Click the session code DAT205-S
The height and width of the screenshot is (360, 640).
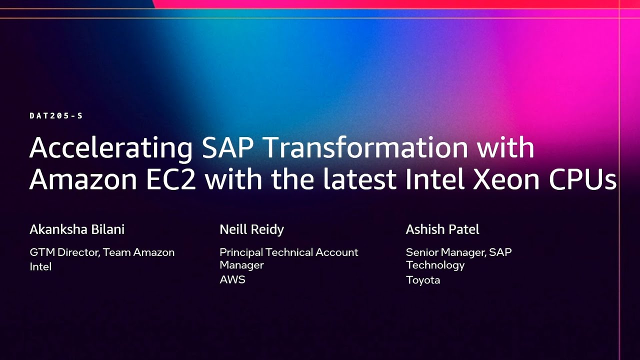[x=56, y=116]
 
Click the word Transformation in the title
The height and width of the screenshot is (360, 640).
[x=365, y=147]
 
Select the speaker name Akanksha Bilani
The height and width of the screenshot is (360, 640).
[x=77, y=229]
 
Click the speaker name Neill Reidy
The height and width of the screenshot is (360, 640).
[x=251, y=229]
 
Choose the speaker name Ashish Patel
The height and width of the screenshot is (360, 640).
[x=442, y=229]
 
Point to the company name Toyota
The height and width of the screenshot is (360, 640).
[x=423, y=280]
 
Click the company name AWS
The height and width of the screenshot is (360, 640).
[x=232, y=279]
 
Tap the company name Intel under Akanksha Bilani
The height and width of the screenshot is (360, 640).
[x=40, y=266]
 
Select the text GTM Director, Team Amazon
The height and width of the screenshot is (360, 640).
[x=102, y=252]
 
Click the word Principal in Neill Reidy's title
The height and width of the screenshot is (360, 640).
[x=241, y=252]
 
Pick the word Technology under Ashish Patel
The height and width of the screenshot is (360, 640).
[x=435, y=265]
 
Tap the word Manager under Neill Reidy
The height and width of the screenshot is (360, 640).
[x=241, y=265]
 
